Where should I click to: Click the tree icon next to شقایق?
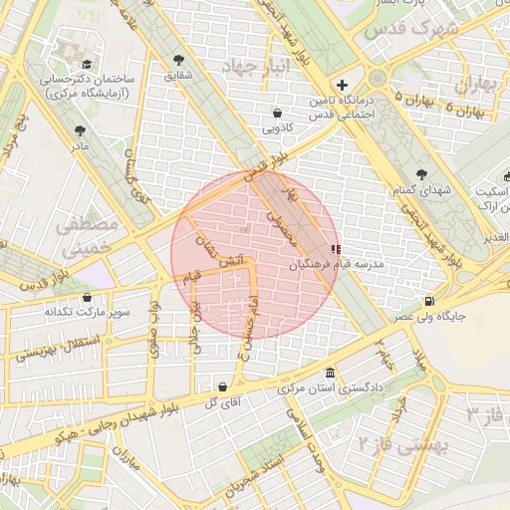tap(178, 60)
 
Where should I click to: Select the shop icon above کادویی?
tap(276, 114)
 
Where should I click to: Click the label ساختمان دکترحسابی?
tap(90, 78)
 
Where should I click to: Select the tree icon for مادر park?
tap(80, 129)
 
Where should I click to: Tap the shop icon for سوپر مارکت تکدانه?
tap(88, 296)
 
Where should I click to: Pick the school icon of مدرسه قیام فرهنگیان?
tap(335, 248)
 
